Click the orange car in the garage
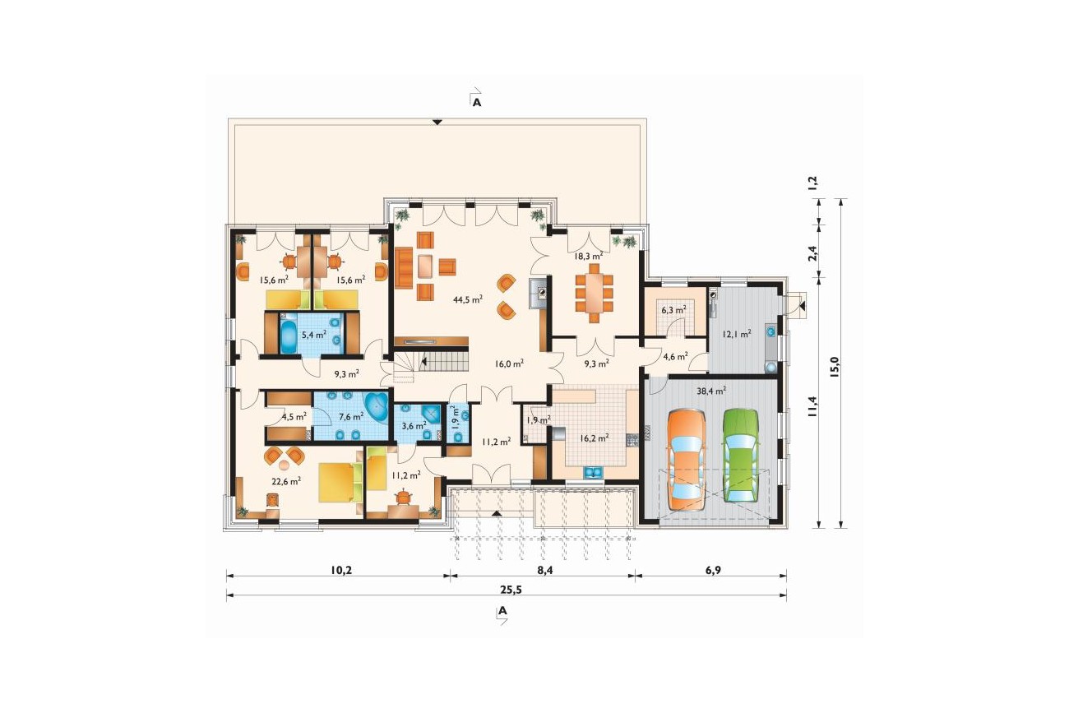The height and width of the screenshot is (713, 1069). coord(687,461)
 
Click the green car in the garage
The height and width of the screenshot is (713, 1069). coord(741,456)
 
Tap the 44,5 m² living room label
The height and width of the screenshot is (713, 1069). coord(468,299)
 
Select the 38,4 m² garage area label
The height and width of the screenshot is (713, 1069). coord(711,391)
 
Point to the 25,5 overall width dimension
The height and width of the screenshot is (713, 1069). coord(511,590)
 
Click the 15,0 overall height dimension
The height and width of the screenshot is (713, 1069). coord(834,368)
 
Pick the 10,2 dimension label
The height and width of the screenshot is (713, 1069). coord(340,570)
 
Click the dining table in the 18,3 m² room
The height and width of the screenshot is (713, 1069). coord(595,293)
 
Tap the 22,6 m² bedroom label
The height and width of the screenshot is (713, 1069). coord(286,482)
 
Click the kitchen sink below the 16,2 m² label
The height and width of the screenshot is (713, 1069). coord(593,473)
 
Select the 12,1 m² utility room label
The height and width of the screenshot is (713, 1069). coord(736,334)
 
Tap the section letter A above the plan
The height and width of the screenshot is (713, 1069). coord(476,102)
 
